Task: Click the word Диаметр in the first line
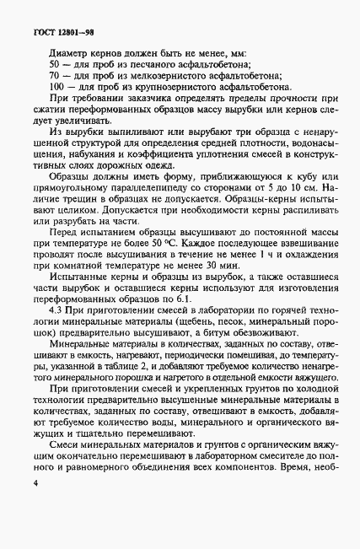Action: [x=69, y=51]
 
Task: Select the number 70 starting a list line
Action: [x=56, y=74]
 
